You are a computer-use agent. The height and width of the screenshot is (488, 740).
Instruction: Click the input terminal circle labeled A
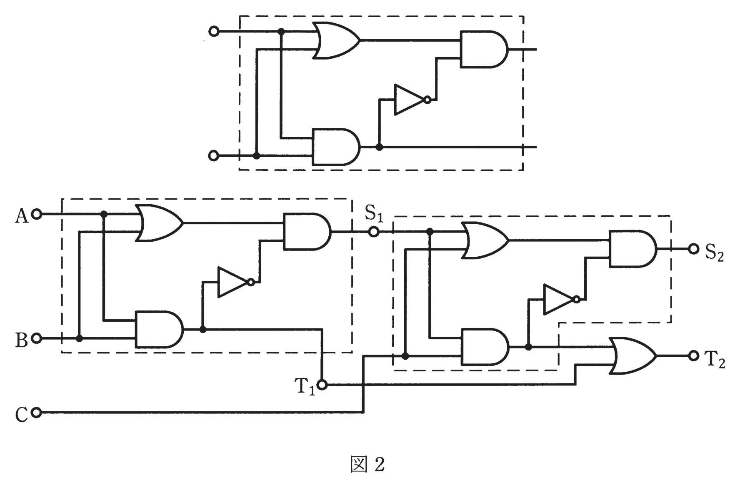coord(37,214)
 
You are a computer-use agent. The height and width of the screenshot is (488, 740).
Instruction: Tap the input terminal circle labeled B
coord(37,338)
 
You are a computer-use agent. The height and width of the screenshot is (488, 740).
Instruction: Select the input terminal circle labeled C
coord(37,413)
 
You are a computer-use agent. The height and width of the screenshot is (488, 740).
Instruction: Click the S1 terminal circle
coord(374,232)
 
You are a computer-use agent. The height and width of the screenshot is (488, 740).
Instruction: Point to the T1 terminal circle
coord(322,384)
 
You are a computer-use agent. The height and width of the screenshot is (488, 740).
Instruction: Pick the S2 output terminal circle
coord(694,249)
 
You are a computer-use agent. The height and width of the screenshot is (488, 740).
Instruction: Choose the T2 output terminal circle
coord(694,355)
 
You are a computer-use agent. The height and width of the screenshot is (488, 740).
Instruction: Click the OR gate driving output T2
coord(632,355)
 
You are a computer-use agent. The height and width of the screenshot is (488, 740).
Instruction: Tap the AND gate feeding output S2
coord(632,249)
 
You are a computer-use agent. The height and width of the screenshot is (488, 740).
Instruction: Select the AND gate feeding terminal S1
coord(307,232)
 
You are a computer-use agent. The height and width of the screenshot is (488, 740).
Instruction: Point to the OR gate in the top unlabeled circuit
coord(337,40)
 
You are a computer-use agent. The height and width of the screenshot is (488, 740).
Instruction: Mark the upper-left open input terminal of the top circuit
coord(214,31)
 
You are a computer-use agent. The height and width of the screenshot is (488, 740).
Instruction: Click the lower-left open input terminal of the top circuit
coord(213,156)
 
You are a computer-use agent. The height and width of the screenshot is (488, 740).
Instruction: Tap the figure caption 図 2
coord(368,464)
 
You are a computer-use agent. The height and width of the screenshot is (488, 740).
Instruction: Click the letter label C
coord(21,415)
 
